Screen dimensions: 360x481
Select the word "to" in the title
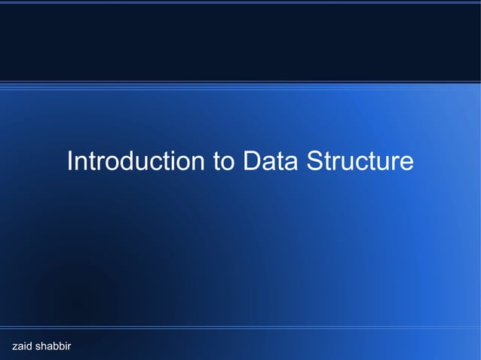(x=222, y=162)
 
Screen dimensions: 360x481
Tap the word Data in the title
(x=269, y=162)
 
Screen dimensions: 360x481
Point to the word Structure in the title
(x=360, y=162)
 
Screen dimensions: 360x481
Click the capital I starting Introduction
(x=69, y=162)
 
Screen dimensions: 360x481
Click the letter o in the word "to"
(x=227, y=163)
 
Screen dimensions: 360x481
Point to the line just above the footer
(x=240, y=328)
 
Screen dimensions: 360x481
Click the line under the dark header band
(x=240, y=81)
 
